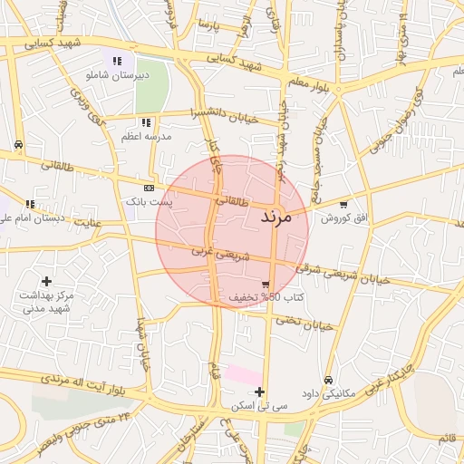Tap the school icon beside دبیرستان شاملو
[x=116, y=61]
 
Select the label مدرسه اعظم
[x=144, y=137]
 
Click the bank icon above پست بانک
[x=149, y=188]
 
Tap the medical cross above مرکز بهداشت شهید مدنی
[x=46, y=282]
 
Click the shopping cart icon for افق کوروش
[x=343, y=205]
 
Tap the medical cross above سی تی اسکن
[x=260, y=392]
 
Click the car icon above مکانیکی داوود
[x=328, y=381]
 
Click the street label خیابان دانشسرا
[x=225, y=115]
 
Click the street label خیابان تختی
[x=306, y=322]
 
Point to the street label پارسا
[x=210, y=22]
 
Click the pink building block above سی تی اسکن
[x=242, y=373]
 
